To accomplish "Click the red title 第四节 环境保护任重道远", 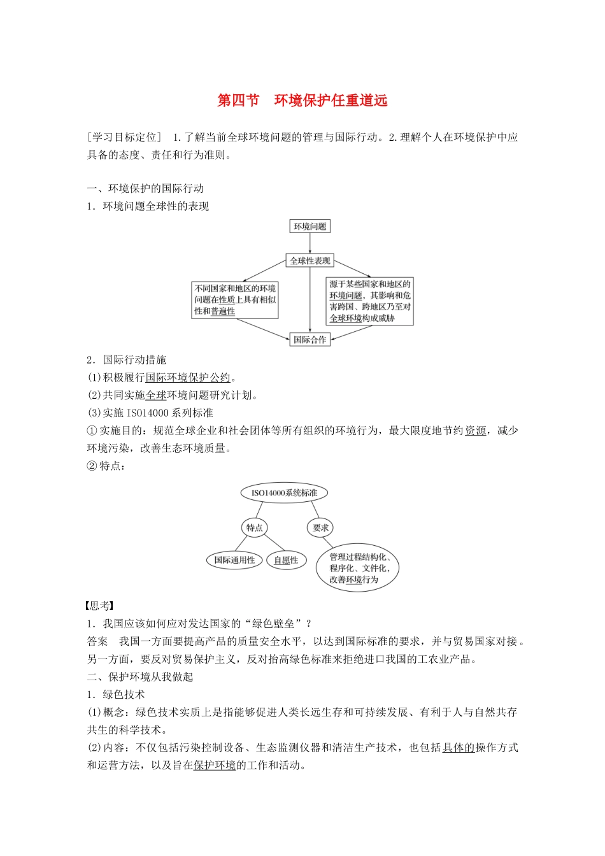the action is coord(302,101).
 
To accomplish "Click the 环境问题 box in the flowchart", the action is coord(310,226).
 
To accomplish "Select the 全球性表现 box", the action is coord(310,260).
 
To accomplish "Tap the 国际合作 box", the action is coord(310,339).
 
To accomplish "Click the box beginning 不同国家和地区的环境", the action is coord(235,300).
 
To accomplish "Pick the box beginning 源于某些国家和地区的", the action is coord(369,301).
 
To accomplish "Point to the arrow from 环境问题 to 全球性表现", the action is coord(310,243).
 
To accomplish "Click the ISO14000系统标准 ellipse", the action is coord(284,492).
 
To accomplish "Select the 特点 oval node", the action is coord(255,527).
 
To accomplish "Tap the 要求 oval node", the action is coord(321,527).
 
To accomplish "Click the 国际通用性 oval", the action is coord(234,560).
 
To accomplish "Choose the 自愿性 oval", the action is coord(286,560).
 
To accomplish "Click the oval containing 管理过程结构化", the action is coord(357,568).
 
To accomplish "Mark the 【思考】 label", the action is coord(100,606).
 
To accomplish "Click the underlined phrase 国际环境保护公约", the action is coord(188,378).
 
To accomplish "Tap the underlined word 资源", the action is coord(475,431).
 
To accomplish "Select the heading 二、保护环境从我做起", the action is coord(140,677).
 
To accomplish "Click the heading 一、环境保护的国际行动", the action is coord(145,189).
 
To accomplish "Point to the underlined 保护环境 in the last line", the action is coord(215,766).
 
